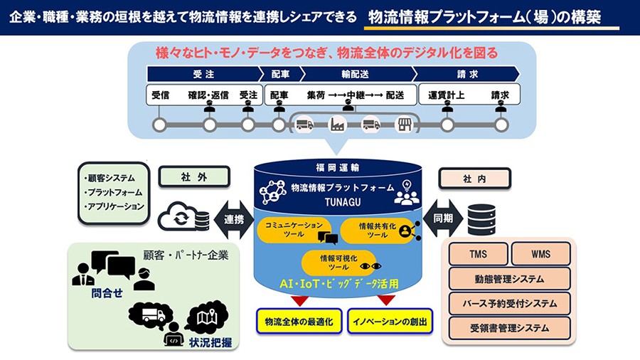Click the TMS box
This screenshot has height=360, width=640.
[x=479, y=254]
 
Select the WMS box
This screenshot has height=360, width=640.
[x=540, y=254]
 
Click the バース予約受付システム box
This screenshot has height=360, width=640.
[x=510, y=303]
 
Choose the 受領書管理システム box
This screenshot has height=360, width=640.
[x=510, y=328]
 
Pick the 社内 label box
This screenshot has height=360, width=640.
[x=474, y=179]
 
